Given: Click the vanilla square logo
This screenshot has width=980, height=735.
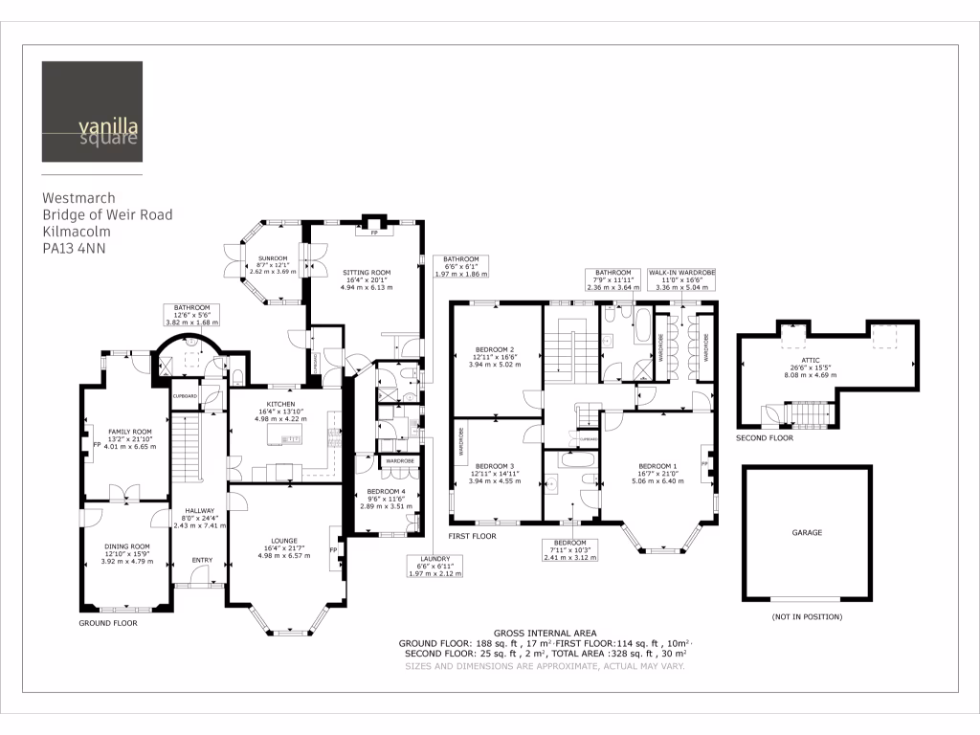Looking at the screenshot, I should click(92, 112).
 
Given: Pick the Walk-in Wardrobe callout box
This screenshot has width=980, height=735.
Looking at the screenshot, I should click(681, 278).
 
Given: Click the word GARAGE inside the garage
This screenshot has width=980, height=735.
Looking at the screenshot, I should click(807, 532).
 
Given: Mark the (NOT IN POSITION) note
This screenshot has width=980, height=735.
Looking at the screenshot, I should click(807, 617).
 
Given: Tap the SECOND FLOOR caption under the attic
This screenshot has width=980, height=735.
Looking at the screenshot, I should click(765, 437).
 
